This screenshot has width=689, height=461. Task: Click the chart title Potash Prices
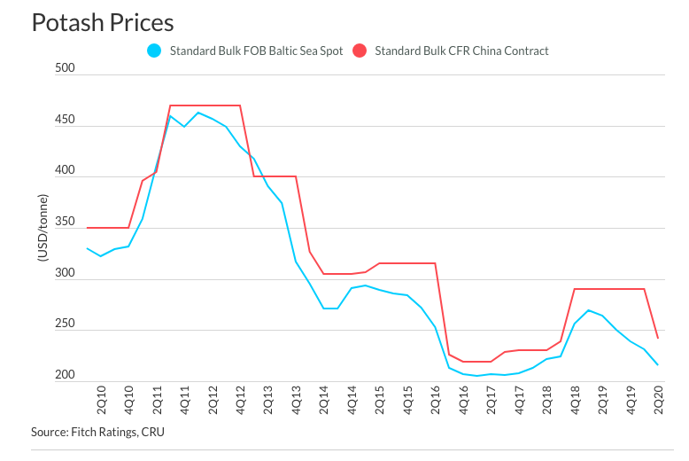tap(103, 22)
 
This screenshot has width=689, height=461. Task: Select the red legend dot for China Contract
tap(360, 51)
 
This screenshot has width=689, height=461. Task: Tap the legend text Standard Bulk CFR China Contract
tap(461, 51)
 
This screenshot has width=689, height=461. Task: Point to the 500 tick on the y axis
tap(65, 67)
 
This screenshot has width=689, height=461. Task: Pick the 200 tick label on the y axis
tap(65, 375)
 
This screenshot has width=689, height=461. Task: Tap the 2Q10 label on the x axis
tap(101, 402)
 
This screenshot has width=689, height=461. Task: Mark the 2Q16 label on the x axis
tap(435, 402)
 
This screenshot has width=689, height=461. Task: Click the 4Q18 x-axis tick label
tap(574, 402)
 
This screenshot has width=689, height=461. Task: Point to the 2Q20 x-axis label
tap(658, 402)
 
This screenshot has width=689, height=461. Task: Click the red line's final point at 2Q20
tap(657, 338)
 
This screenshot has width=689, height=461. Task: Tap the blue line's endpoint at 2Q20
tap(657, 364)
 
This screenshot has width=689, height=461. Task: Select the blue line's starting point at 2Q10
tap(87, 248)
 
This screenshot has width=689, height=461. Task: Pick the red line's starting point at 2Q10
tap(87, 228)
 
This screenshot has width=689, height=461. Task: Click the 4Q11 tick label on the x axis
tap(184, 402)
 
